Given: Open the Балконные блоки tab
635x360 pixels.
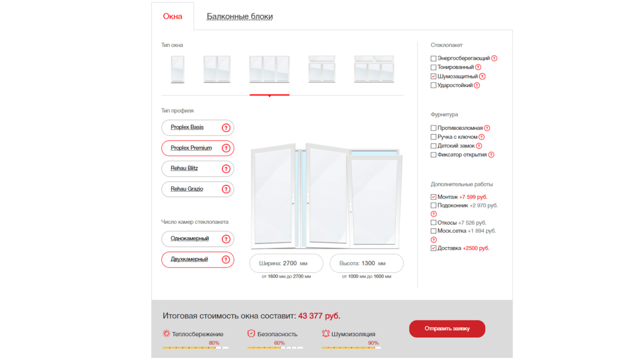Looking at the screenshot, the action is click(239, 17).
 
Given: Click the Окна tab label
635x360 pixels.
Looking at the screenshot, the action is click(172, 17).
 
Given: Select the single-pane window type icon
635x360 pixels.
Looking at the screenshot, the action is click(177, 69).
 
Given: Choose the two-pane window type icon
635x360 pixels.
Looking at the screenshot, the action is click(217, 69).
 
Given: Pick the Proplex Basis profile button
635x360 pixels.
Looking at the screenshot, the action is click(198, 127).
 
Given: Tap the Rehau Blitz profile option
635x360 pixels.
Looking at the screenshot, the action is click(198, 169).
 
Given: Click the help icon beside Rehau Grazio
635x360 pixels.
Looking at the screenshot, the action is click(226, 189).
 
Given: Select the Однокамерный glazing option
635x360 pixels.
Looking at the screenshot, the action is click(198, 239).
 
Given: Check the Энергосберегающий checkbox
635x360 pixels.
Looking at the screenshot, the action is click(433, 58).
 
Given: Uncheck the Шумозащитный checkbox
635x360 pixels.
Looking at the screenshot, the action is click(433, 76).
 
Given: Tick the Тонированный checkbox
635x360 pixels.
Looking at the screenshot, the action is click(433, 67).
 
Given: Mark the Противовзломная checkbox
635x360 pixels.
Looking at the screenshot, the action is click(433, 128).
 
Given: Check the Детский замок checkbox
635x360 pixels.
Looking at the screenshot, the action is click(433, 146).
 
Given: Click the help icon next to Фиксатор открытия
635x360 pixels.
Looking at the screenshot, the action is click(491, 155).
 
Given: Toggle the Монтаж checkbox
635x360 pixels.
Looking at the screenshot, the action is click(433, 197).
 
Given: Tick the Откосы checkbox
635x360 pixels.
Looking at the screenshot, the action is click(433, 223).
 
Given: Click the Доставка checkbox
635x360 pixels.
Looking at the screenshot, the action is click(433, 248).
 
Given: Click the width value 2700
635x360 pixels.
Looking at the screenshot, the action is click(290, 263).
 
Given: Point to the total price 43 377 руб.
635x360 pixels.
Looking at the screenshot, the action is click(319, 316).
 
